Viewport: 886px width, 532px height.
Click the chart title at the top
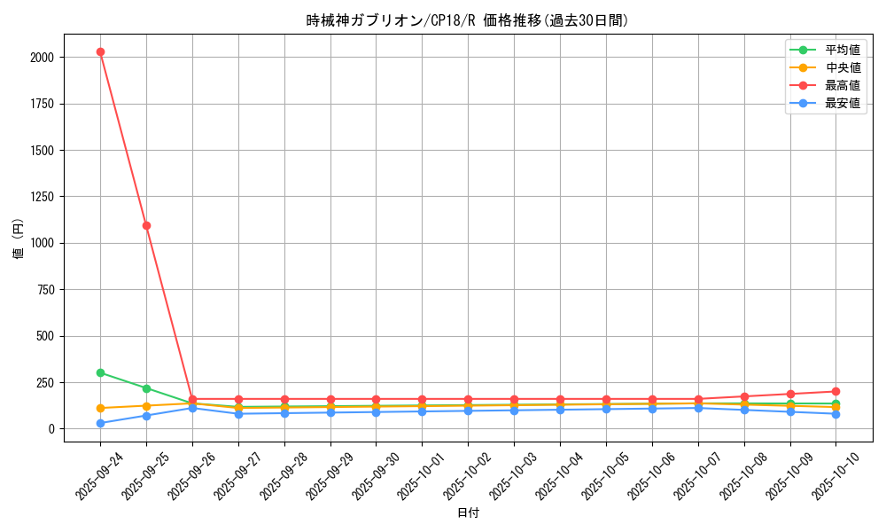(x=467, y=20)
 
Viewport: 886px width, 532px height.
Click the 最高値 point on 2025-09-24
(x=100, y=51)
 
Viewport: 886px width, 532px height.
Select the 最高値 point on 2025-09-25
(x=146, y=225)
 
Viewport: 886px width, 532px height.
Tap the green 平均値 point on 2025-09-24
(x=100, y=372)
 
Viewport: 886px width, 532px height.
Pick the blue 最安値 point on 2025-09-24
(x=100, y=423)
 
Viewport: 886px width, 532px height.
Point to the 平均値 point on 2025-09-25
(x=146, y=388)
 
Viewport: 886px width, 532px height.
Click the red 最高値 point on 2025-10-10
(x=835, y=391)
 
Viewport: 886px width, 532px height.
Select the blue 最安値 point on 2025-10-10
(x=835, y=414)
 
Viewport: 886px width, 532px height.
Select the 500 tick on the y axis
(x=44, y=336)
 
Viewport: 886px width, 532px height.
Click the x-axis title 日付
(x=467, y=513)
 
